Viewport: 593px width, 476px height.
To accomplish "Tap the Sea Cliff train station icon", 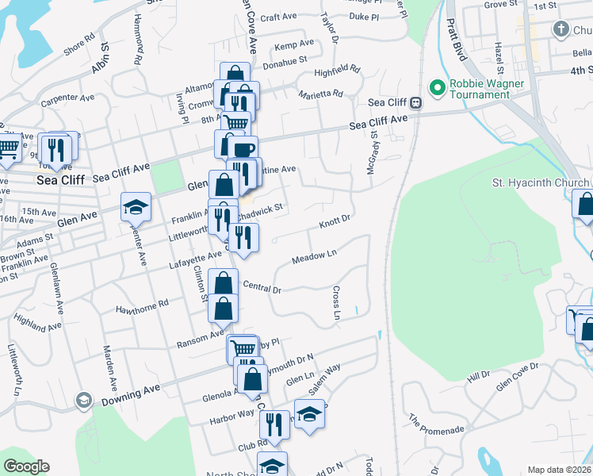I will click(x=415, y=102).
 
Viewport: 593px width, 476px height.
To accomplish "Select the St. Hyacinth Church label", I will click(x=540, y=182).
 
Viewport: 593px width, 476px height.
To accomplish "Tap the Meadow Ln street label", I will click(x=315, y=257).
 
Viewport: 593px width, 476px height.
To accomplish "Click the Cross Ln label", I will click(x=336, y=304).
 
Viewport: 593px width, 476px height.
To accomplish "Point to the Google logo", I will click(x=26, y=466).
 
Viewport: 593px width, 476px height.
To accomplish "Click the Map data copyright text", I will click(x=558, y=470).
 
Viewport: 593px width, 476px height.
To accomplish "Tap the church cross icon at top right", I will click(x=561, y=30).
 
